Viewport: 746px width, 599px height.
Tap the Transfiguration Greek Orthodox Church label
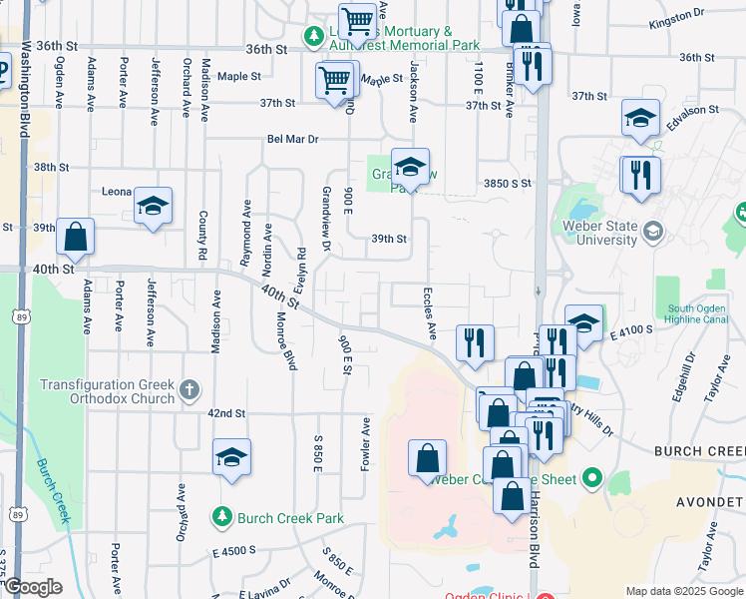[107, 390]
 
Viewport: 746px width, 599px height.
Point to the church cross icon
[189, 389]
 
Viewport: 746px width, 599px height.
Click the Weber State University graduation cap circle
[653, 233]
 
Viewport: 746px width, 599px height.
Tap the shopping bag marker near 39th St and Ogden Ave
[75, 238]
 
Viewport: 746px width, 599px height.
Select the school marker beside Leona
[153, 207]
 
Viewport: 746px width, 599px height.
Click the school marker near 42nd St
[232, 458]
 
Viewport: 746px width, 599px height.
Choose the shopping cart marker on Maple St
[335, 79]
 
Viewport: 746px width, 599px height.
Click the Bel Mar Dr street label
[291, 140]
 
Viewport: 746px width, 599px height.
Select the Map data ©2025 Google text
[683, 591]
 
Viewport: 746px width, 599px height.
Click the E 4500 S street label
[233, 550]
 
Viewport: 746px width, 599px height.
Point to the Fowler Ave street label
[366, 444]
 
